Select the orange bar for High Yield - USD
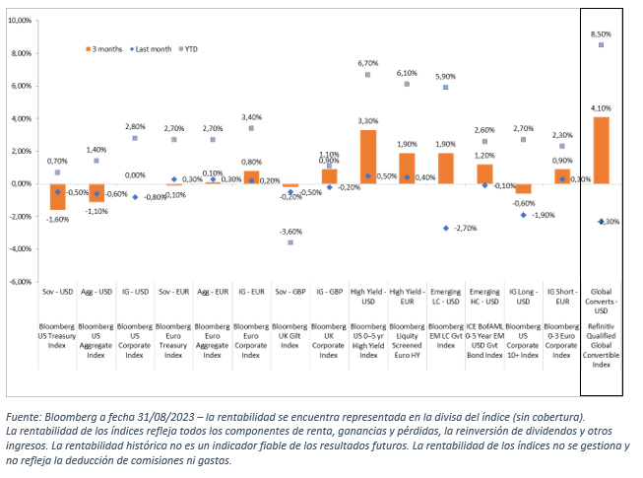coord(367,157)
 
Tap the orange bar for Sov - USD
coord(57,196)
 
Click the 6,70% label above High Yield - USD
coord(367,62)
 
